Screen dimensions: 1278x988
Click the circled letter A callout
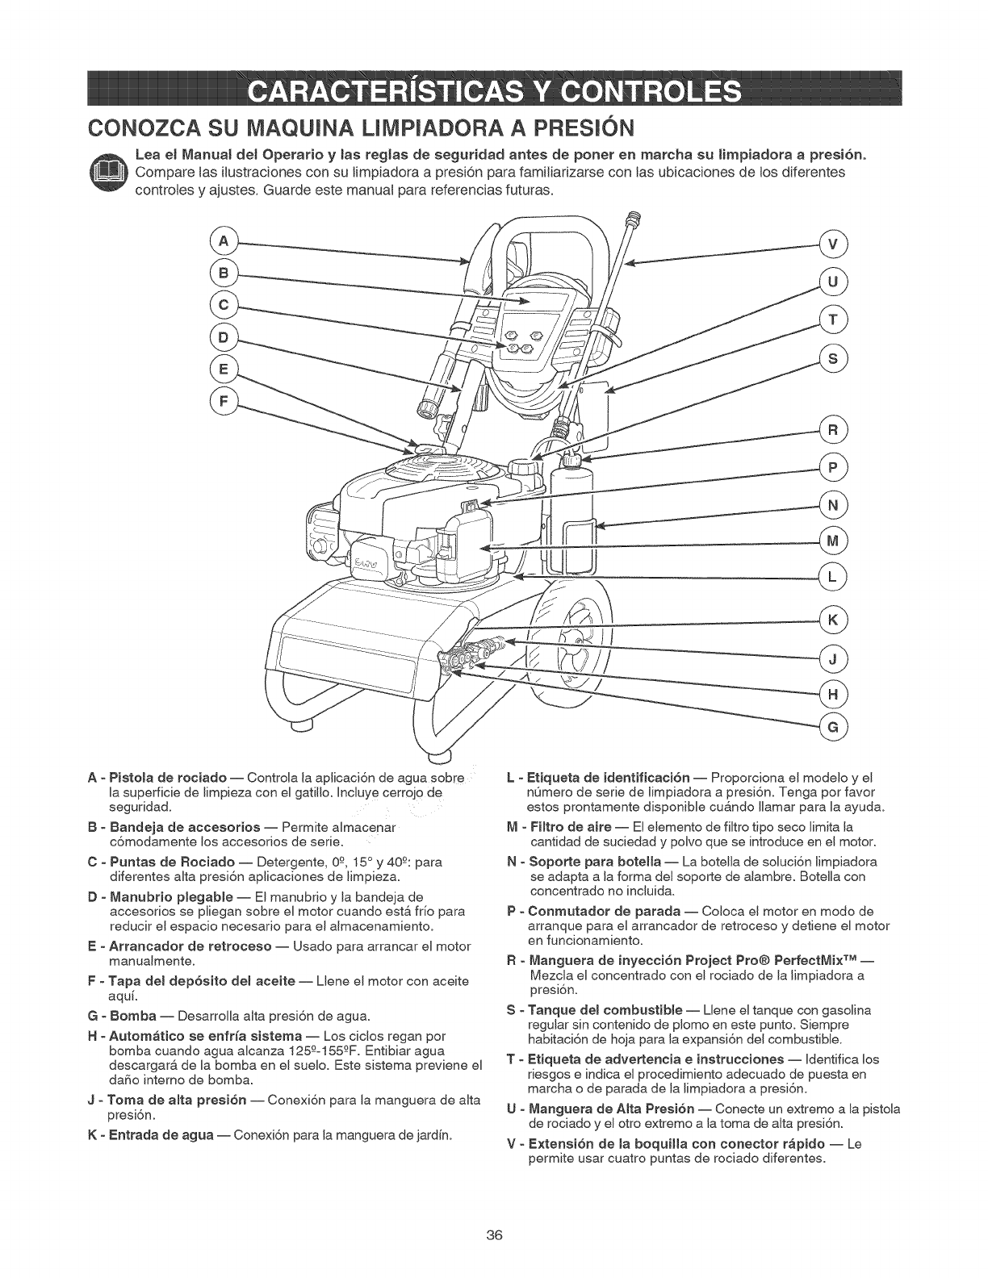220,240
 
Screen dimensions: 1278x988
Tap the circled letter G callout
833,727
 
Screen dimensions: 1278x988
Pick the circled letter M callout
833,541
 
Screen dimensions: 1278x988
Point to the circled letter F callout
220,401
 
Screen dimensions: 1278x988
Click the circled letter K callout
833,620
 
